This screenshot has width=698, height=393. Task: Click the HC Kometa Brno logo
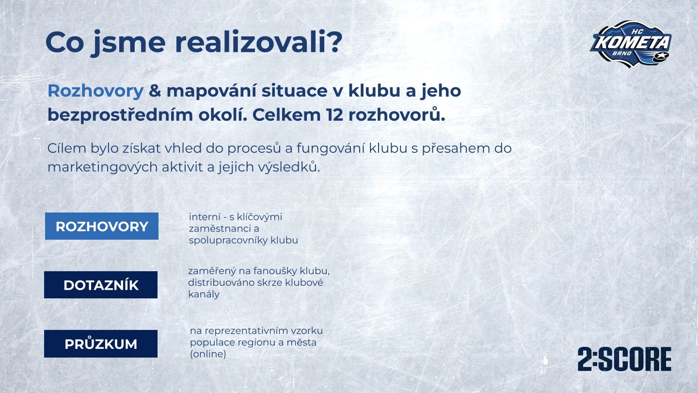click(631, 44)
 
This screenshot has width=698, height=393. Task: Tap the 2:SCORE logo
click(624, 360)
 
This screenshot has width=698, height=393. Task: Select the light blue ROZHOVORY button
click(102, 226)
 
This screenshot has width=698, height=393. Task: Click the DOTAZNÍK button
click(101, 285)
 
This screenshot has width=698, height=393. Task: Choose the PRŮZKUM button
click(101, 344)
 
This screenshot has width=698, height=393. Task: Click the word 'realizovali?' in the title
click(259, 42)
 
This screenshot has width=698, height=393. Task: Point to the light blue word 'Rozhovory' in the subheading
click(95, 91)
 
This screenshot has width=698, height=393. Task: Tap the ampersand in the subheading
click(155, 91)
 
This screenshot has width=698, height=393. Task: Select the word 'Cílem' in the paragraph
click(67, 148)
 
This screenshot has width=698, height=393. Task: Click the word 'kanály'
click(204, 294)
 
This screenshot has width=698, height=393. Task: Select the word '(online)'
click(208, 354)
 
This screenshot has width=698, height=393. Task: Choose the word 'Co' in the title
click(64, 42)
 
